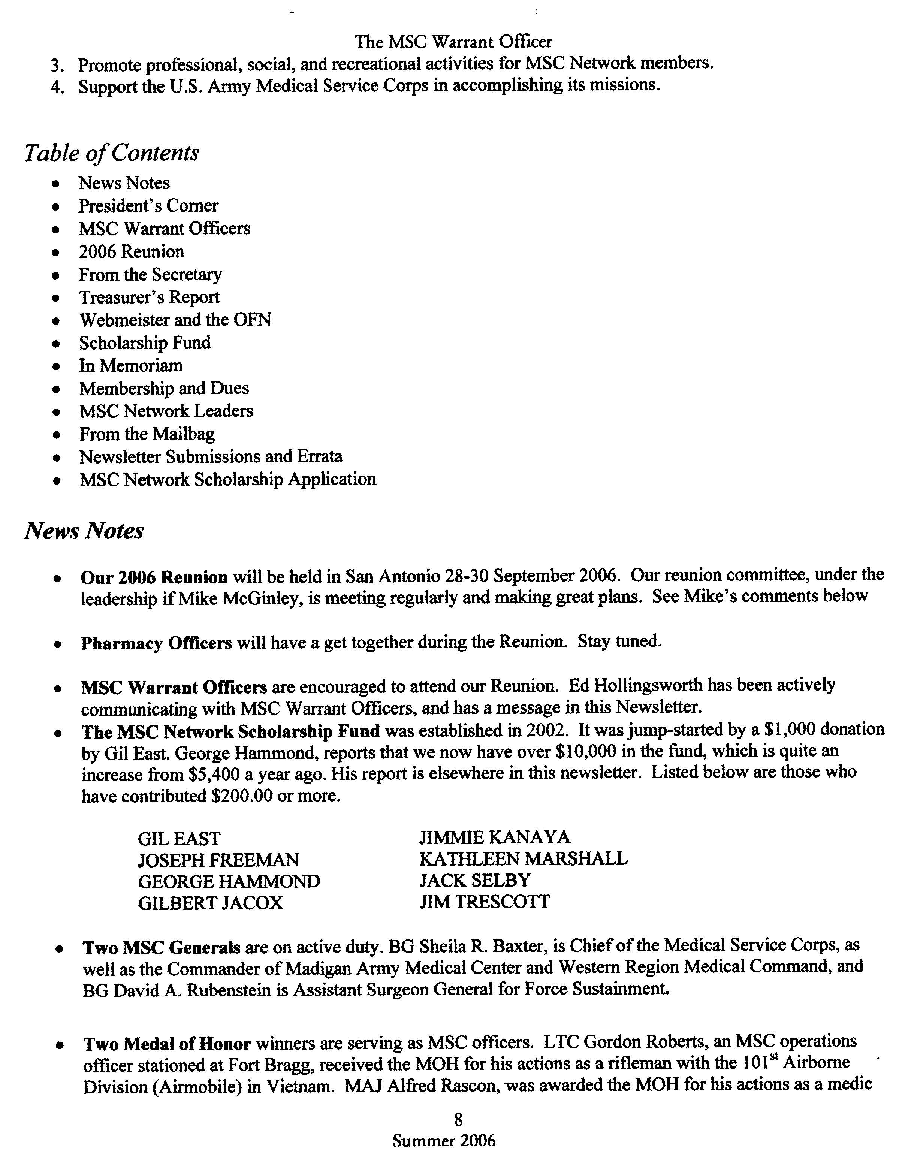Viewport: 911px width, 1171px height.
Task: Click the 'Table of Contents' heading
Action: pos(112,153)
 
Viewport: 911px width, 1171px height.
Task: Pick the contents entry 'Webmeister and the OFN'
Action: pos(175,320)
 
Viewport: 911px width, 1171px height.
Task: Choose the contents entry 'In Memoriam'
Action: pos(131,366)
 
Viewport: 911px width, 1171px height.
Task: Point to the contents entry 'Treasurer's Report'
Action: pos(149,298)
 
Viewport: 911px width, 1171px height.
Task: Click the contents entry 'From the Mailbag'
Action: pos(147,434)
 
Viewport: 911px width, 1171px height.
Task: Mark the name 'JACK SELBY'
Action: pos(475,880)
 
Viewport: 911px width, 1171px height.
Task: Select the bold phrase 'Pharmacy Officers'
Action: pos(156,643)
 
